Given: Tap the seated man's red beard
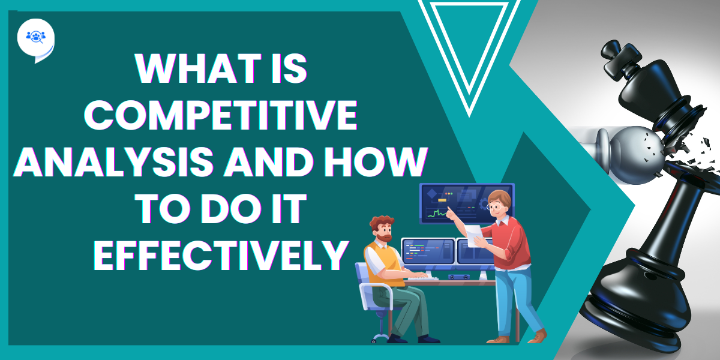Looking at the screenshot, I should pyautogui.click(x=386, y=238).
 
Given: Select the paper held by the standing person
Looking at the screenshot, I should pyautogui.click(x=473, y=236).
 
